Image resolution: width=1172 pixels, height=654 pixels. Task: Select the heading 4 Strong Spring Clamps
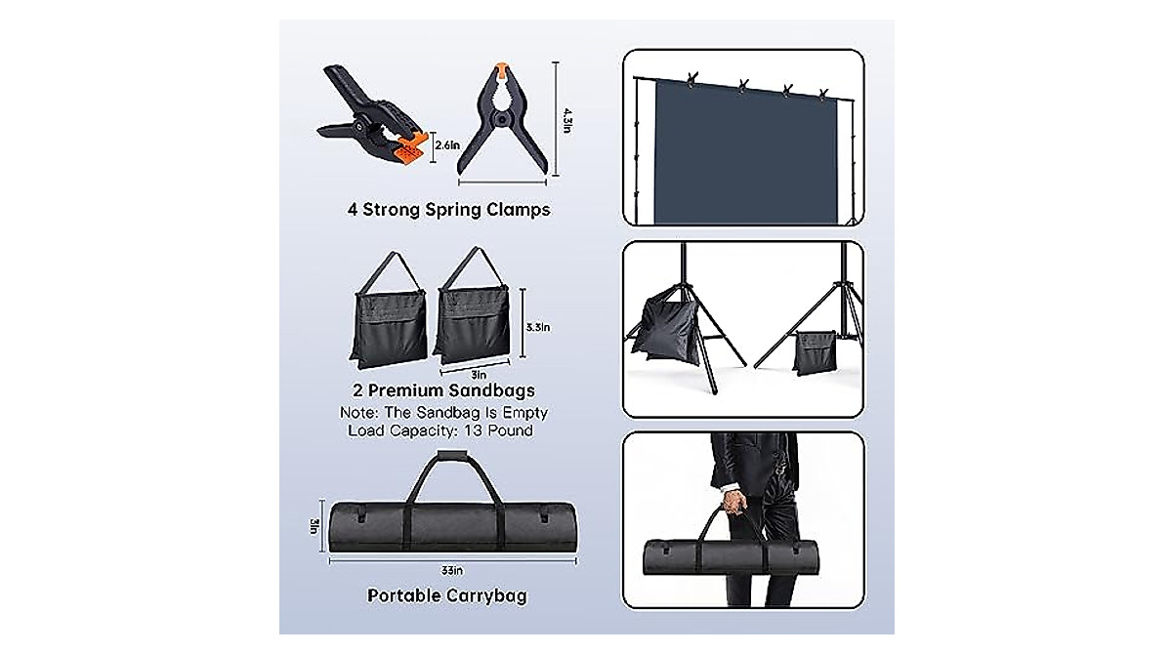pyautogui.click(x=448, y=209)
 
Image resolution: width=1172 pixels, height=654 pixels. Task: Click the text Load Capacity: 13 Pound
pyautogui.click(x=440, y=430)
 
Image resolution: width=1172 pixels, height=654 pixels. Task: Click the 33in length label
pyautogui.click(x=449, y=572)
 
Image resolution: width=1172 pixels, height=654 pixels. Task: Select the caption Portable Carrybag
pyautogui.click(x=447, y=595)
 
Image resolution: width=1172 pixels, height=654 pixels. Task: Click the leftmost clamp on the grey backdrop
pyautogui.click(x=694, y=79)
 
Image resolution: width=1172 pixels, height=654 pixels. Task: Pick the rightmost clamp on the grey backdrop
pyautogui.click(x=822, y=95)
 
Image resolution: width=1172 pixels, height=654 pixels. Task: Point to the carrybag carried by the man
pyautogui.click(x=742, y=560)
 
